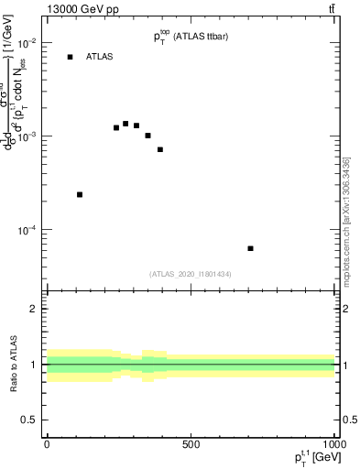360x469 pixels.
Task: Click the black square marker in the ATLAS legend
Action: (x=70, y=57)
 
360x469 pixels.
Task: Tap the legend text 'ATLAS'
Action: (x=100, y=57)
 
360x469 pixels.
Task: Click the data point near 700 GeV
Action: (x=250, y=248)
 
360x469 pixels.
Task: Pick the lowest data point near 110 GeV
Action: (x=80, y=194)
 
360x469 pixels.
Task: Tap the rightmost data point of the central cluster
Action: (x=160, y=149)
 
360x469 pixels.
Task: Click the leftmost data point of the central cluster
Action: (x=116, y=127)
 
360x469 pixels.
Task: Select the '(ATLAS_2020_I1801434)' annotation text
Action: (x=191, y=274)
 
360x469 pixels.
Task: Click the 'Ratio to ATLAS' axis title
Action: (x=14, y=364)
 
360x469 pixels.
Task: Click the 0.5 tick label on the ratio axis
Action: (x=28, y=420)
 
